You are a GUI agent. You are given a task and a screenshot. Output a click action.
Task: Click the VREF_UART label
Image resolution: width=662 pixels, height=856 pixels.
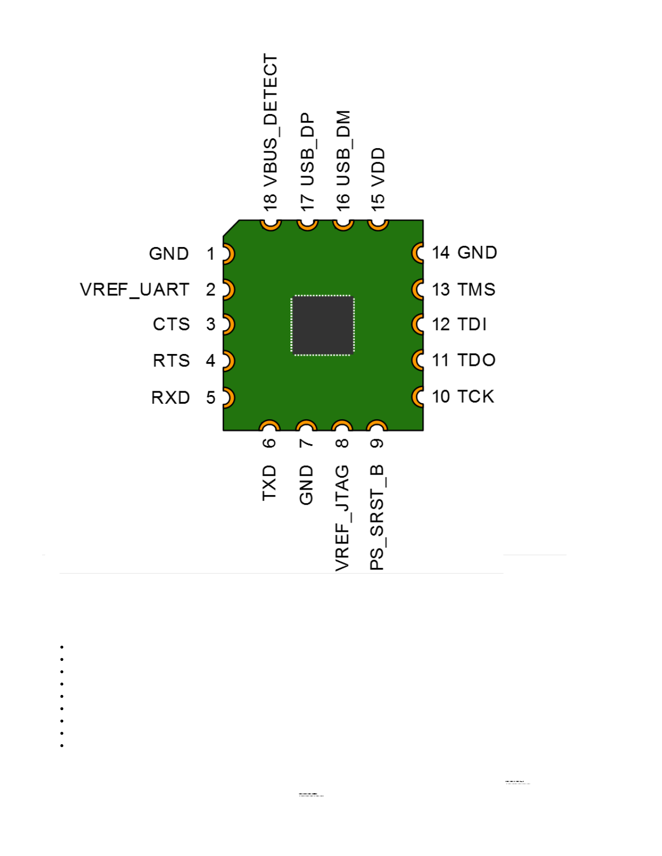tap(135, 290)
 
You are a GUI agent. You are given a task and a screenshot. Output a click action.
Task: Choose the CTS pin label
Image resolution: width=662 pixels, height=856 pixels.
tap(171, 324)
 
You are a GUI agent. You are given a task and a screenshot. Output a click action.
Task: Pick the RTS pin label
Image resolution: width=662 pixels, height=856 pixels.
tap(171, 360)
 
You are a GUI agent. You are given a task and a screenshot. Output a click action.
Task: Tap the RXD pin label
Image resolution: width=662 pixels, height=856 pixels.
tap(170, 398)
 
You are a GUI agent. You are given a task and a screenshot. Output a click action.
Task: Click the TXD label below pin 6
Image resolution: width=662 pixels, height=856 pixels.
tap(269, 483)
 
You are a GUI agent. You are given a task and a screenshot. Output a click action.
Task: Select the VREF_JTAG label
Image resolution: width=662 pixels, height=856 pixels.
tap(342, 518)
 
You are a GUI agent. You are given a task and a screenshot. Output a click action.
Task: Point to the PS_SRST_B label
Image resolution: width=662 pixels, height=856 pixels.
tap(377, 517)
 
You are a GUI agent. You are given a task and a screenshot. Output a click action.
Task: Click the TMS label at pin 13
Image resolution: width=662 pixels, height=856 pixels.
tap(476, 290)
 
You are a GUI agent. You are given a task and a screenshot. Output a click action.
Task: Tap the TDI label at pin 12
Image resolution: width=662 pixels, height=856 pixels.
tap(472, 324)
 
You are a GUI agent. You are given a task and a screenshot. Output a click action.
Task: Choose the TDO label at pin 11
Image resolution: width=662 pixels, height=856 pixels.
tap(476, 360)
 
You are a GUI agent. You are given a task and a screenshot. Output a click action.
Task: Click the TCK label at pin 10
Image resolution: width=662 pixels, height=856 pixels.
tap(475, 397)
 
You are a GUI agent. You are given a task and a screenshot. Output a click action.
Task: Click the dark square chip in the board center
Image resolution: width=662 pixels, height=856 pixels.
tap(322, 325)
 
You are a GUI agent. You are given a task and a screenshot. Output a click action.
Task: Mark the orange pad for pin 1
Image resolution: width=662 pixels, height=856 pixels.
tap(228, 253)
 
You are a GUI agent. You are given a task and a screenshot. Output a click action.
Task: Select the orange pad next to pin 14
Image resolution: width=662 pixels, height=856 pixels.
tap(418, 252)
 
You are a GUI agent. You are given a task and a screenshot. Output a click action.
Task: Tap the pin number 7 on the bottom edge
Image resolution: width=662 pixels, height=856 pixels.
tap(306, 443)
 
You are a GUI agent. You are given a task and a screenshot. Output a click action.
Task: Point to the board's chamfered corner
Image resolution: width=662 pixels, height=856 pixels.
tap(231, 228)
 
